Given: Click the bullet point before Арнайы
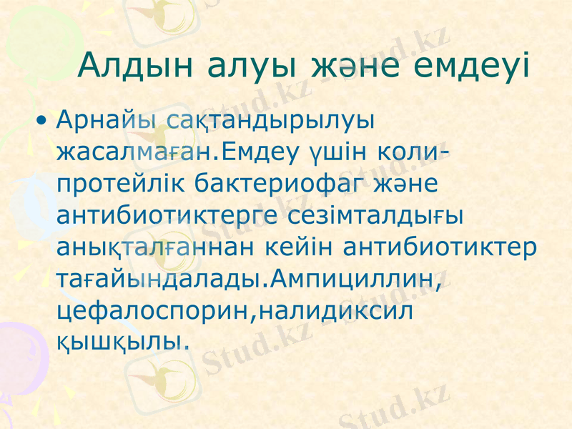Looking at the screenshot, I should [44, 119].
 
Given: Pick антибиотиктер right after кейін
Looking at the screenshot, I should [440, 245].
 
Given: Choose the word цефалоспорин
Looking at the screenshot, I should [148, 309].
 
